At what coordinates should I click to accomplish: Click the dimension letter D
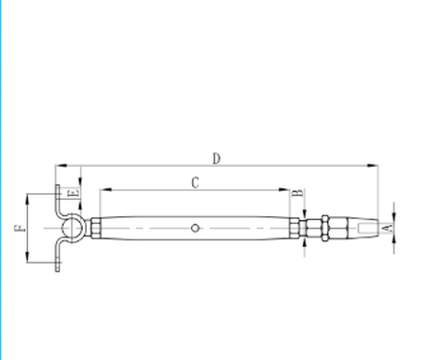217,159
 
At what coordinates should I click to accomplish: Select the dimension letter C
195,182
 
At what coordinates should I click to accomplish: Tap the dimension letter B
299,193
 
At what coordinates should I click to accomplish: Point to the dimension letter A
389,228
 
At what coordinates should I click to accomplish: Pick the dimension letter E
73,193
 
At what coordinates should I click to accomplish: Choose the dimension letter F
20,228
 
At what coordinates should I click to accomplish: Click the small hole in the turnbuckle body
195,228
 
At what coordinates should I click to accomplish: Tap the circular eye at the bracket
71,228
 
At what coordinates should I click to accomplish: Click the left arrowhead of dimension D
61,166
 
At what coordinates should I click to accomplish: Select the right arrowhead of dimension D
372,166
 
